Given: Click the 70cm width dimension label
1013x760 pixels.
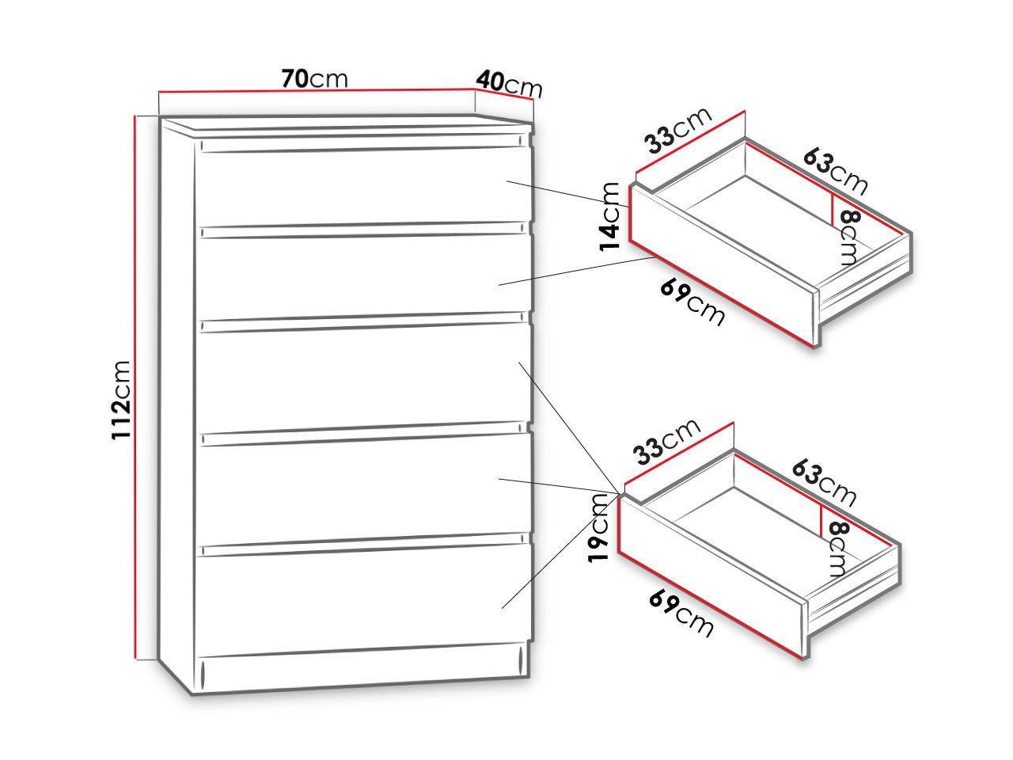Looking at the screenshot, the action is point(314,78).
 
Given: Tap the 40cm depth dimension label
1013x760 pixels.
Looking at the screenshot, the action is point(509,84).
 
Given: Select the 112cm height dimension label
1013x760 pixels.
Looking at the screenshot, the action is point(121,400).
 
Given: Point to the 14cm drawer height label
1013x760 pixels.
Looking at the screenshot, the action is point(609,216).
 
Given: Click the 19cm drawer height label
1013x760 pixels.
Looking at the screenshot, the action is point(598,527).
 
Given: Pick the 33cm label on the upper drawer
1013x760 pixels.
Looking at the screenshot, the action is point(678,131).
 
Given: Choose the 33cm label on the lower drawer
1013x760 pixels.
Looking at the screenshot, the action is point(667,442).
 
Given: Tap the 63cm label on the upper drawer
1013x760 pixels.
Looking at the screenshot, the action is point(835,172).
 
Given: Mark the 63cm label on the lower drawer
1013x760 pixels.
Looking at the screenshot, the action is point(824,483).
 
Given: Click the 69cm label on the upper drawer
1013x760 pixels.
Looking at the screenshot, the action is point(692,302).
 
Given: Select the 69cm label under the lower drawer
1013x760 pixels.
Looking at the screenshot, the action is point(681,614).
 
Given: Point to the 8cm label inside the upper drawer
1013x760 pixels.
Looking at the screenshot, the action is point(848,237).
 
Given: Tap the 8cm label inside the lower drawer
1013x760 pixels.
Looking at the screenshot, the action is point(837,548).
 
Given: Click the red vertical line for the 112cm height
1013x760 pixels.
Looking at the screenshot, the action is point(135,387).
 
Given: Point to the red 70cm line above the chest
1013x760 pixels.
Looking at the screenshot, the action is point(317,91).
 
